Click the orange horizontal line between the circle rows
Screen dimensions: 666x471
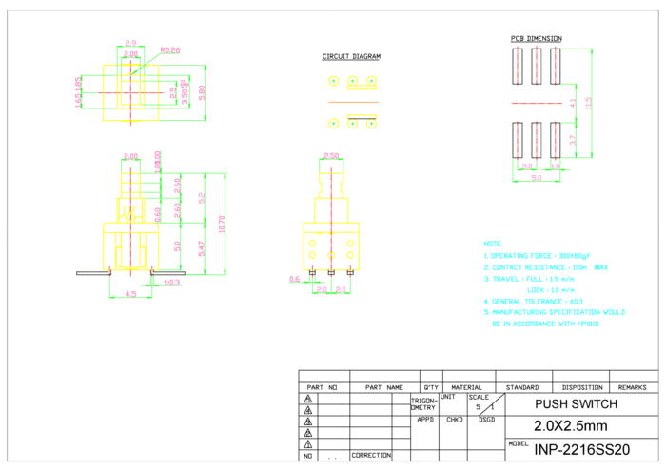point(352,102)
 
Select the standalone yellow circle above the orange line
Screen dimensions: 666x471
point(334,81)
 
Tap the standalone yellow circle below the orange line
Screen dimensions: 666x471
point(334,124)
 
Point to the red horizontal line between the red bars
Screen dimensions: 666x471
point(537,103)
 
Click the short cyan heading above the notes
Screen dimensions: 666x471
point(492,245)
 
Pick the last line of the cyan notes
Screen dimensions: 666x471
point(545,324)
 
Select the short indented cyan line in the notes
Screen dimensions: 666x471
point(551,290)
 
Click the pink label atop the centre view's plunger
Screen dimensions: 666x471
point(331,154)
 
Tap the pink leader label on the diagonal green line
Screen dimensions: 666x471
point(170,49)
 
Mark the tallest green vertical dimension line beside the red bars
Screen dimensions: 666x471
point(592,103)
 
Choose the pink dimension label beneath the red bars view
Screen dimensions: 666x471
point(537,177)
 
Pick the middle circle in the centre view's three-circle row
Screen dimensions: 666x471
point(331,255)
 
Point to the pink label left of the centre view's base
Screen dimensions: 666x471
point(295,279)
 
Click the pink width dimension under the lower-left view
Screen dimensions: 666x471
point(131,294)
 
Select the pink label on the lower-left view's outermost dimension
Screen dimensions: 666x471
point(221,224)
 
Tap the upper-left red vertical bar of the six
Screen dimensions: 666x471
point(518,65)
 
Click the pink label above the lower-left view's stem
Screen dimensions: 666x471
point(130,156)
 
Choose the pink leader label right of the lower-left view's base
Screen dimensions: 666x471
point(171,282)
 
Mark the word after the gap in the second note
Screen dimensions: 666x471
point(601,267)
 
